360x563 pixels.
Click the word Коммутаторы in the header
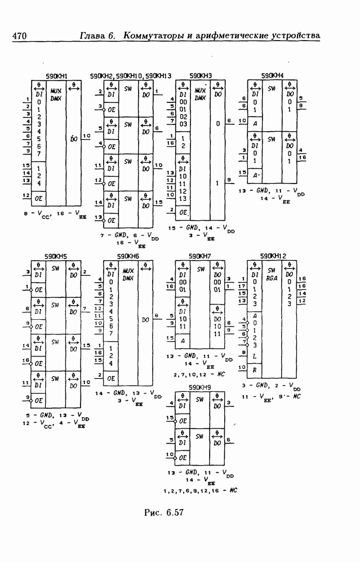point(154,36)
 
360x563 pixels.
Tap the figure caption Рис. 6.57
point(165,512)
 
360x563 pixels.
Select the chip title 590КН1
point(56,76)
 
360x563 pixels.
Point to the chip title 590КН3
point(201,76)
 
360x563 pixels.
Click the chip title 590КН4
point(272,76)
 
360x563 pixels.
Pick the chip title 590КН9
point(201,387)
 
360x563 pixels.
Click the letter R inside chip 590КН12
point(256,370)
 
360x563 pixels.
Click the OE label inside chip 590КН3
point(183,213)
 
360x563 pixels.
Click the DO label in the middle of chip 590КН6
point(145,320)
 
